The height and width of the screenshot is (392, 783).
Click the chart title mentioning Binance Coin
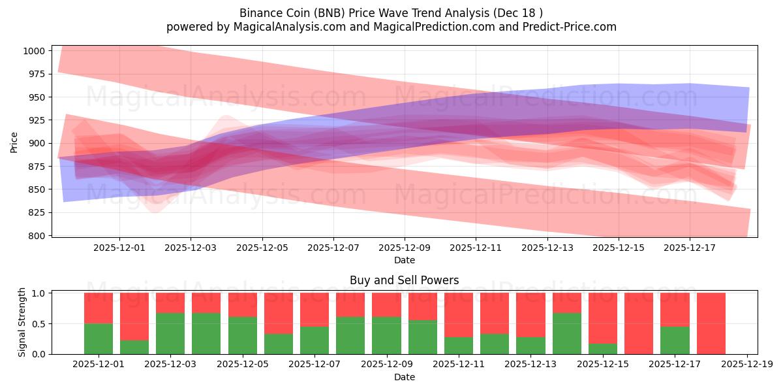[x=391, y=13]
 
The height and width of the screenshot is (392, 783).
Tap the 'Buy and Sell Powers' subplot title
[x=404, y=280]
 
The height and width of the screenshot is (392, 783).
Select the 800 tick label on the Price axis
[x=36, y=235]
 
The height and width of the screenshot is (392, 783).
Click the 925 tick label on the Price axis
[x=36, y=120]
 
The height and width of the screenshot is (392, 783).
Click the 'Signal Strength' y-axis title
[x=22, y=322]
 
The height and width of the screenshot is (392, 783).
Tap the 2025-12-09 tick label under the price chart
[x=405, y=248]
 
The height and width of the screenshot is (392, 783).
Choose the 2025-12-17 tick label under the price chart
[x=690, y=248]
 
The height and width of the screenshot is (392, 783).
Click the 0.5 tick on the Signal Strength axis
[x=38, y=323]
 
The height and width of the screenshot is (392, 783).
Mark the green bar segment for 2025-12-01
[x=99, y=338]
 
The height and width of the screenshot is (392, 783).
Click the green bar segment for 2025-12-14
[x=566, y=333]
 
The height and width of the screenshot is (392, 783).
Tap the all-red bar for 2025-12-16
[x=638, y=323]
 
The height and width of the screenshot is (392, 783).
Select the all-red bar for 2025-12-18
[x=711, y=323]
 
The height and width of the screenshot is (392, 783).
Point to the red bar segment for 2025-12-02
[x=134, y=316]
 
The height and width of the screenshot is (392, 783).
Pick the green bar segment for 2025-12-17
[x=675, y=340]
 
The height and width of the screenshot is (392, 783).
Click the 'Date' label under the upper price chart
[x=404, y=261]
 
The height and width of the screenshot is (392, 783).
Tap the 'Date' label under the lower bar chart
[x=404, y=377]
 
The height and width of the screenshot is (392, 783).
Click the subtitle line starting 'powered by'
[x=391, y=27]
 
